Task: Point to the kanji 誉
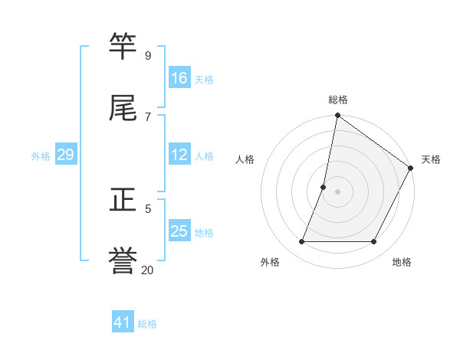[x=123, y=260]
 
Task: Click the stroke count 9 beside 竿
[x=148, y=55]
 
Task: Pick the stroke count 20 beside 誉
[x=147, y=270]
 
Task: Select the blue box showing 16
[x=179, y=78]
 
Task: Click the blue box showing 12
[x=179, y=155]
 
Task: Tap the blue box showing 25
[x=179, y=231]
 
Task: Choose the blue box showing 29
[x=65, y=155]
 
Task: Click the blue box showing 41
[x=123, y=322]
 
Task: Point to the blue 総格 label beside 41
[x=147, y=324]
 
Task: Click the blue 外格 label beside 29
[x=41, y=156]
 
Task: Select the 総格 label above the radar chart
[x=338, y=100]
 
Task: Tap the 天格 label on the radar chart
[x=431, y=159]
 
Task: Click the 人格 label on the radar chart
[x=245, y=159]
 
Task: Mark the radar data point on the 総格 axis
[x=337, y=116]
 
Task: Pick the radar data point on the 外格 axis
[x=302, y=242]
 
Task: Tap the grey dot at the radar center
[x=337, y=191]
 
